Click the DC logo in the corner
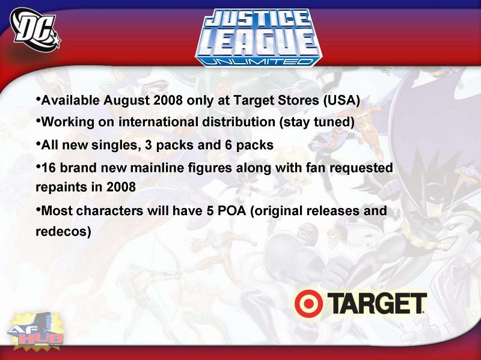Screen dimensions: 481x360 pyautogui.click(x=35, y=29)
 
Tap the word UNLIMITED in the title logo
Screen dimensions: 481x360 pyautogui.click(x=258, y=61)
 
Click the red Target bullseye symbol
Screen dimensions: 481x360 pyautogui.click(x=308, y=304)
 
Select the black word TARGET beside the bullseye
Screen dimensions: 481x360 pyautogui.click(x=377, y=303)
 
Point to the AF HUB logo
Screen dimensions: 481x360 pyautogui.click(x=36, y=331)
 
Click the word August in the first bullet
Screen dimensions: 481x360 pyautogui.click(x=126, y=100)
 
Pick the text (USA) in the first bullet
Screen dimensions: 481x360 pyautogui.click(x=342, y=100)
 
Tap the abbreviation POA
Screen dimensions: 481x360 pyautogui.click(x=231, y=211)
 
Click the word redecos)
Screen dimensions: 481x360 pyautogui.click(x=64, y=231)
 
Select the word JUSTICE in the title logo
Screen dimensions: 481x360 pyautogui.click(x=257, y=18)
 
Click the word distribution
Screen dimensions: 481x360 pyautogui.click(x=239, y=122)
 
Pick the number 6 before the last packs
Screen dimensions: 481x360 pyautogui.click(x=228, y=145)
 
